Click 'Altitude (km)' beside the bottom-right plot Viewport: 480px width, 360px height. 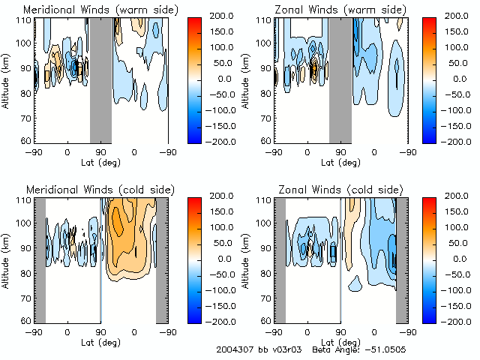tap(248, 260)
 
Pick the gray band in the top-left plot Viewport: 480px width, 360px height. tap(100, 78)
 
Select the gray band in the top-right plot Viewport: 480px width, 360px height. tap(340, 78)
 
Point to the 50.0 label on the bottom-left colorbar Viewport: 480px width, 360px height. tap(226, 243)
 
